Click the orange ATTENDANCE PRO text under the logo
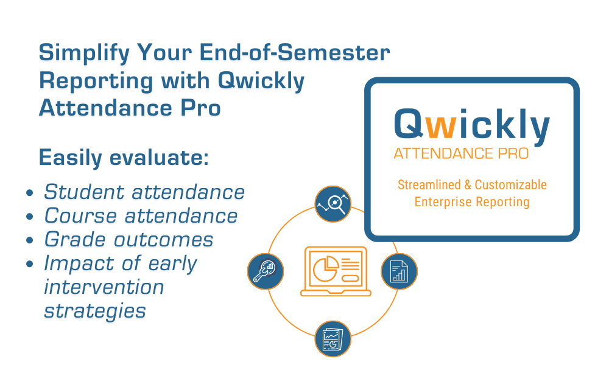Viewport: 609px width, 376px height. click(x=461, y=153)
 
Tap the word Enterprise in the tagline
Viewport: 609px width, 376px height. click(x=443, y=201)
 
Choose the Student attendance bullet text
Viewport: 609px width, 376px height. click(x=144, y=192)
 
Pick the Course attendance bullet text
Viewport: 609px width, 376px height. click(x=141, y=216)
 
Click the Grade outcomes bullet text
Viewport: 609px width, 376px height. click(x=128, y=240)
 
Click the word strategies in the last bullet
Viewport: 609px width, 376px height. click(x=95, y=311)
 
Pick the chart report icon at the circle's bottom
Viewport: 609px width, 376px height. click(x=333, y=338)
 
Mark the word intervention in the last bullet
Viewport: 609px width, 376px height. click(x=104, y=287)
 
